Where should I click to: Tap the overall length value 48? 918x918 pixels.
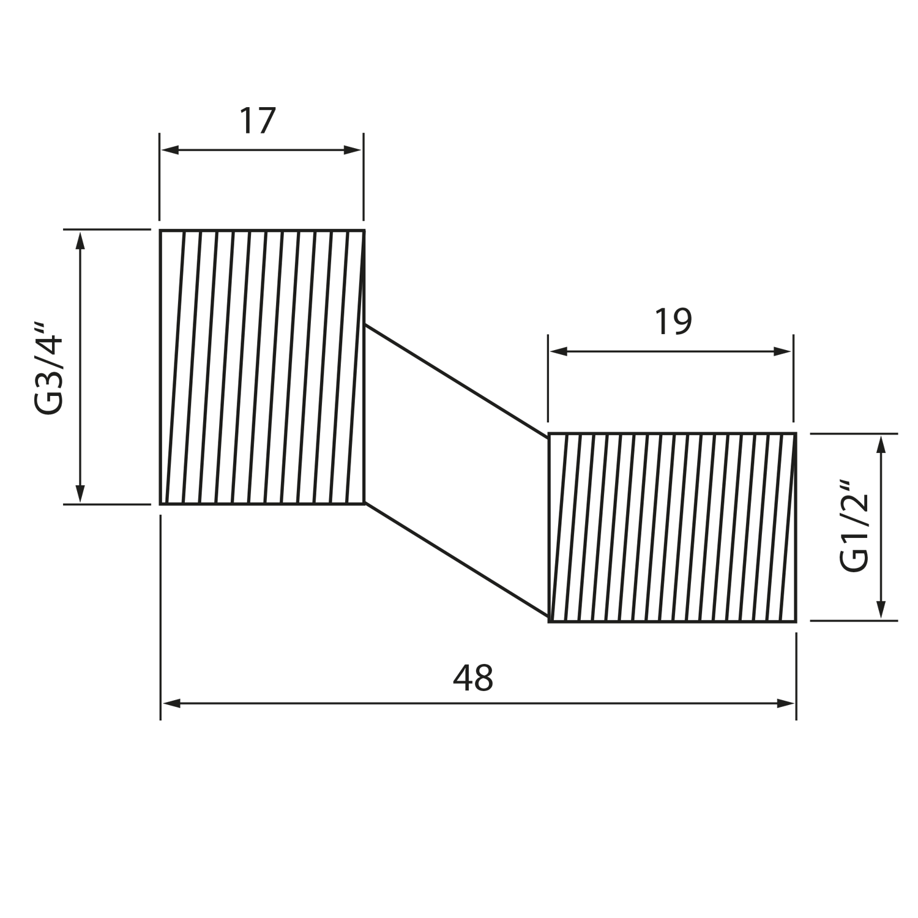pyautogui.click(x=473, y=677)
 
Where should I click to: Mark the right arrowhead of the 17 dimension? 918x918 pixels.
pyautogui.click(x=353, y=150)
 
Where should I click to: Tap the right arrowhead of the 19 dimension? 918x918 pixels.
pyautogui.click(x=783, y=351)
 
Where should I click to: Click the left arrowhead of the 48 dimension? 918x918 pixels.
pyautogui.click(x=171, y=704)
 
